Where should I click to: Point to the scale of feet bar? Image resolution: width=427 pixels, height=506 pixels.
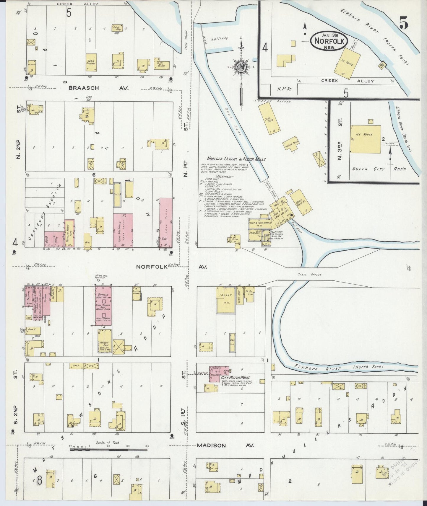[108, 450]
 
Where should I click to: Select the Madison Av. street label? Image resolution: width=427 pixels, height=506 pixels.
[226, 445]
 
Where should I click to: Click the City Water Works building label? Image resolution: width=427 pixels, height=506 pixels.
[235, 378]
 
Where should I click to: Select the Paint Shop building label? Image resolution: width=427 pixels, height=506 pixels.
[116, 27]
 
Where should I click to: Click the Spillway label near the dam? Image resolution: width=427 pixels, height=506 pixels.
[220, 39]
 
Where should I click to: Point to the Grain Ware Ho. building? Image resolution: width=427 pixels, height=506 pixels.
[300, 202]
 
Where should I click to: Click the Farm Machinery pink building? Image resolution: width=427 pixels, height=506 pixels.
[123, 230]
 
